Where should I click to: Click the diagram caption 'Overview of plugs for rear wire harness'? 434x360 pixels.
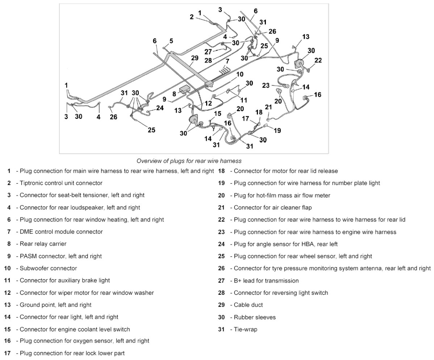coord(189,160)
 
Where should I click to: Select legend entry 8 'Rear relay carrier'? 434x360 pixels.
coord(43,244)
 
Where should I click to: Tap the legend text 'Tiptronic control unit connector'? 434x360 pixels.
coord(61,183)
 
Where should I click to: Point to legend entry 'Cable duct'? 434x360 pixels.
coord(248,305)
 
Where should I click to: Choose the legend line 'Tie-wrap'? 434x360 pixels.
coord(245,329)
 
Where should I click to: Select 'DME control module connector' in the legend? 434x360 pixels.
coord(61,231)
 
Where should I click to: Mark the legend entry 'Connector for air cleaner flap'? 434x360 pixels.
coord(272,208)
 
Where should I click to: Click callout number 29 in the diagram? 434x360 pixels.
coord(195,58)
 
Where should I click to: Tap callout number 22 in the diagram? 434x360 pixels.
coord(318,60)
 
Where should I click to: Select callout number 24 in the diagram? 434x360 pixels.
coord(160,108)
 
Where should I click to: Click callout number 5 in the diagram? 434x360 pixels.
coord(171,41)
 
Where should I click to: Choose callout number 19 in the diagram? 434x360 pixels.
coord(277,130)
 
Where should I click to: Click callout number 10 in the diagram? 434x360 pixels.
coord(239,74)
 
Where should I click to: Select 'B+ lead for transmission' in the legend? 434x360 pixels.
coord(266,281)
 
